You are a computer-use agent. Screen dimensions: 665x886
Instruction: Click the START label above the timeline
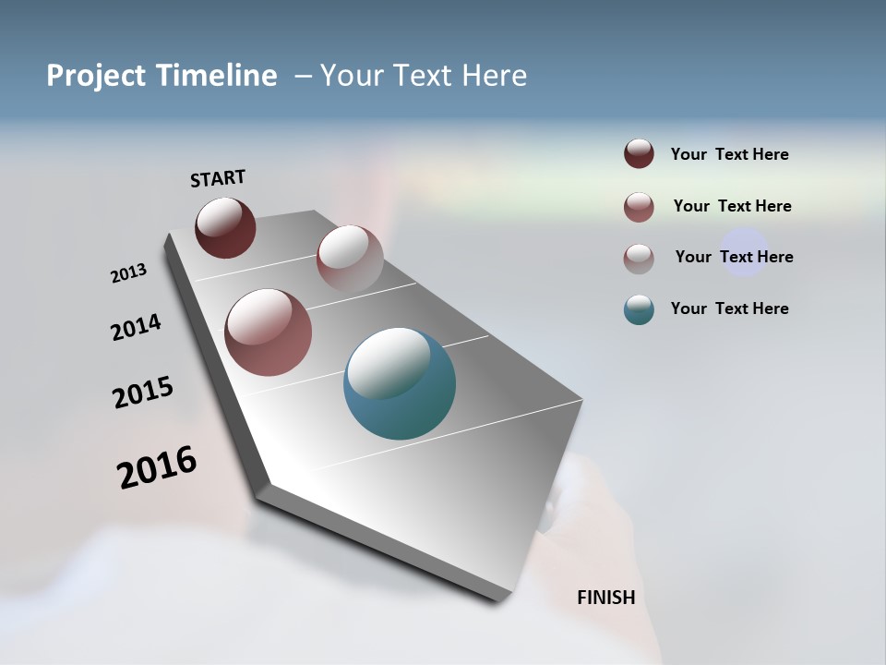tap(218, 178)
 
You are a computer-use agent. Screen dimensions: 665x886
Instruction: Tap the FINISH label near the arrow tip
tap(605, 598)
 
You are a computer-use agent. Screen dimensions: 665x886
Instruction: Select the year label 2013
tap(128, 273)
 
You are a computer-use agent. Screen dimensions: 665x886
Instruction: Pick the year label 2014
tap(136, 327)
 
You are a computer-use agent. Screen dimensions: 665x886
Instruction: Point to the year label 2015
tap(143, 393)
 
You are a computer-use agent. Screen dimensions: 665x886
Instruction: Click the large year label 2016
tap(157, 467)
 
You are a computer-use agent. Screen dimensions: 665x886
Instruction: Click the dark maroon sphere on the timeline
tap(225, 227)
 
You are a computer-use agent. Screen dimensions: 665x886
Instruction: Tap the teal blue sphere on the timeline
tap(400, 383)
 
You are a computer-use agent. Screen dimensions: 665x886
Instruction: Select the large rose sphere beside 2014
tap(268, 332)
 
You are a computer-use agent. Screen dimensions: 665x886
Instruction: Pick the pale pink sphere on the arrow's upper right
tap(350, 258)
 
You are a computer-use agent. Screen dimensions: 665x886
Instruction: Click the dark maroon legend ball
tap(639, 154)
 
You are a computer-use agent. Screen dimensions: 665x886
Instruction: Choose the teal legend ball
tap(639, 309)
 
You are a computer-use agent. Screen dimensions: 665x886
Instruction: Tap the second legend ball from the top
tap(639, 207)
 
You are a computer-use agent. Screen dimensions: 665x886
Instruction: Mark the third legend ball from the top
tap(639, 259)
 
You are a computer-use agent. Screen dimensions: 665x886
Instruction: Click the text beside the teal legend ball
tap(729, 308)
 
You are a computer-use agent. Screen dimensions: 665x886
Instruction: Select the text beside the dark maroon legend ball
tap(729, 154)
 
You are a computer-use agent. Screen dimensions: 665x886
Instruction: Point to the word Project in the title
tap(96, 76)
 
